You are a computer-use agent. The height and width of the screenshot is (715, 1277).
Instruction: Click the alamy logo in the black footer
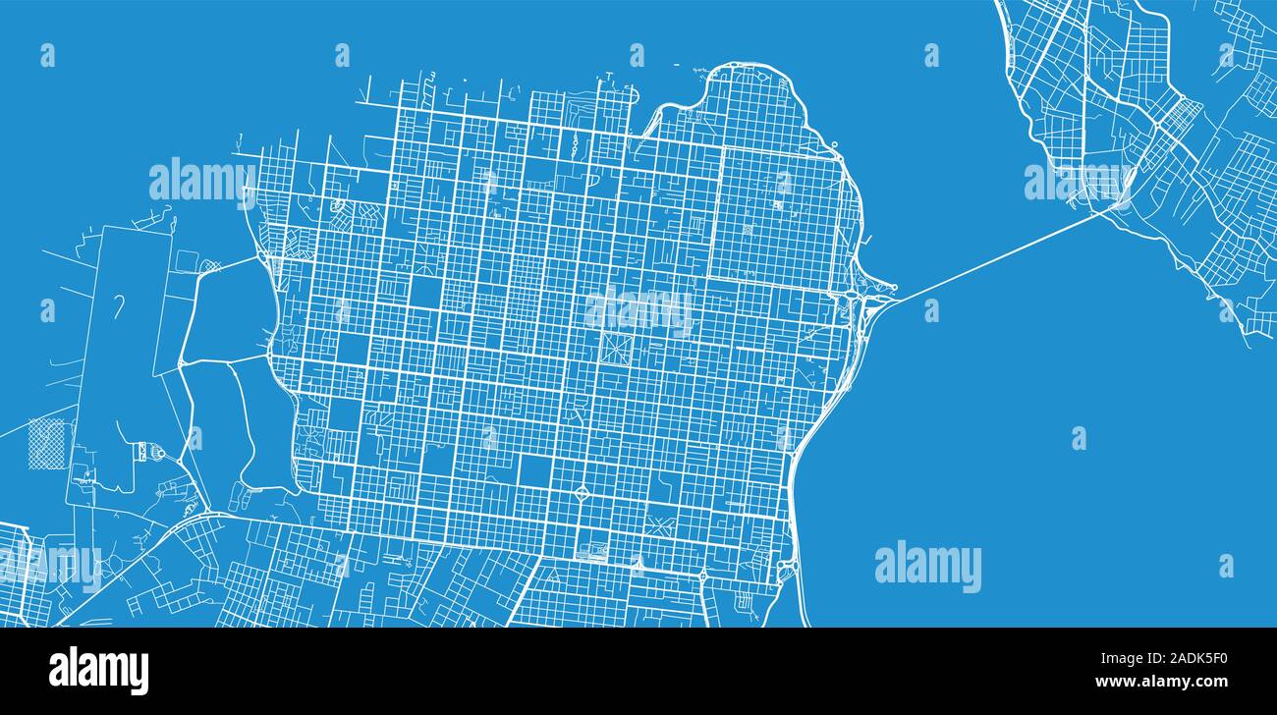click(99, 670)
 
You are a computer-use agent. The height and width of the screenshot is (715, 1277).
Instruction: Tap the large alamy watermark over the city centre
click(639, 311)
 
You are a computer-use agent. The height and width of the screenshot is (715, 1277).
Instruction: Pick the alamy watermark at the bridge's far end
click(1078, 182)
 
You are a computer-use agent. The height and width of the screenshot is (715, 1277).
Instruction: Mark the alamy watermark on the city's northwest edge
click(201, 181)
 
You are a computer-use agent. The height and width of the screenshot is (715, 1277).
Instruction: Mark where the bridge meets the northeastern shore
click(1116, 206)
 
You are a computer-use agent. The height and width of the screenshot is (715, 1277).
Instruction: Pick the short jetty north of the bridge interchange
click(836, 150)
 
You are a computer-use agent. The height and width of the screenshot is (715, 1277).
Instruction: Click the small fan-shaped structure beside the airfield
click(154, 451)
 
